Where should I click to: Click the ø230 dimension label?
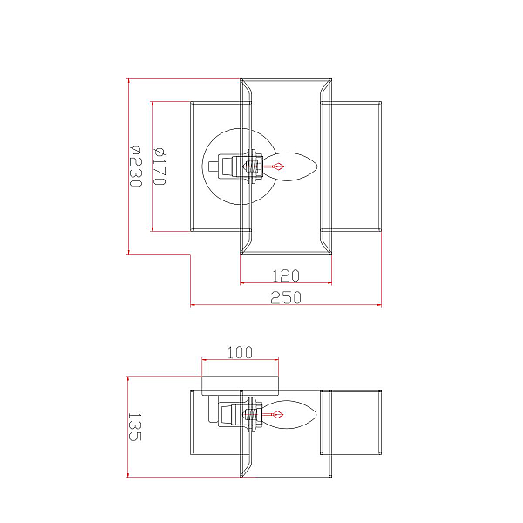(136, 166)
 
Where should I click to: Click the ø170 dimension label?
(160, 166)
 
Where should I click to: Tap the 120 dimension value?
(286, 275)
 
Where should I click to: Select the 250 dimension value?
(286, 297)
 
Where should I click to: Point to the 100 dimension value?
(241, 352)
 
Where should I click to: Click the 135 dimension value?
(135, 427)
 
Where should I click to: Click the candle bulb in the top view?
(290, 166)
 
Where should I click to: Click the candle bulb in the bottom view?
(289, 415)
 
